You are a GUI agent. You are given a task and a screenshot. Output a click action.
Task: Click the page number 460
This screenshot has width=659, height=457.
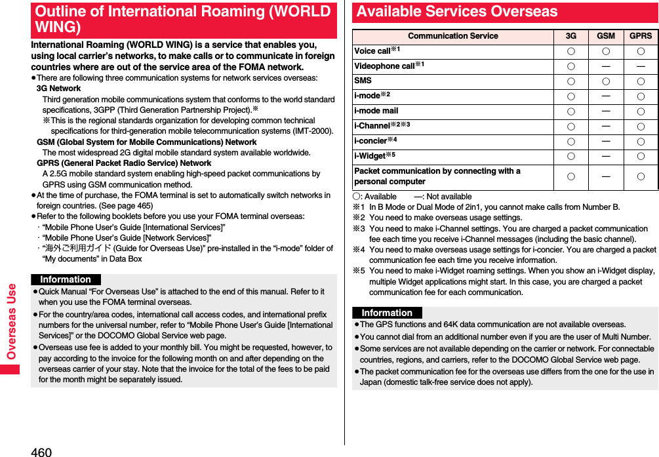coord(41,451)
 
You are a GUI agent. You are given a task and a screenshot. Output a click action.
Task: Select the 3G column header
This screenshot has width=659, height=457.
coord(571,36)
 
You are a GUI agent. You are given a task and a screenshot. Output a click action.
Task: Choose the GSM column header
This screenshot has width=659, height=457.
coord(606,36)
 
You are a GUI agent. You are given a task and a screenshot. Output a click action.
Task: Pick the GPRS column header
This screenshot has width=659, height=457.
coord(641,36)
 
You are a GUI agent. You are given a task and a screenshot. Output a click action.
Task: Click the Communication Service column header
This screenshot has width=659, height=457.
coord(452,36)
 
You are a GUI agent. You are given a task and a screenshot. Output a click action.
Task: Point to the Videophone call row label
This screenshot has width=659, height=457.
coord(384,66)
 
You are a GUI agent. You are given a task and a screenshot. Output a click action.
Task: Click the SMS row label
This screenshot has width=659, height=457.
coord(363,81)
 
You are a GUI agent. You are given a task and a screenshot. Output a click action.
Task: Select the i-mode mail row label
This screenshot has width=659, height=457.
coord(376,111)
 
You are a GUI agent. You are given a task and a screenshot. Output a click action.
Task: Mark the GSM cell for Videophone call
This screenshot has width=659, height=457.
coord(606,66)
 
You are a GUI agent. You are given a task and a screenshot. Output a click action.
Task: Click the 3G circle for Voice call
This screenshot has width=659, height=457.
coord(571,51)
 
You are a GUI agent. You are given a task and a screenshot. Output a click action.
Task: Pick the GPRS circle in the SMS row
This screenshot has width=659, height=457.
coord(641,81)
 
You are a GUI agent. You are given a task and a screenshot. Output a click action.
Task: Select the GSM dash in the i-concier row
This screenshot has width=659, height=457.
coord(606,140)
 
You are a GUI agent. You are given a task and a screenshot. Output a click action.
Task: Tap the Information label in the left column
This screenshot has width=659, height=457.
coord(66,279)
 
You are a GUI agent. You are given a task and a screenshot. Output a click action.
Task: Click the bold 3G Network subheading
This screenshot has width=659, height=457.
coord(59,89)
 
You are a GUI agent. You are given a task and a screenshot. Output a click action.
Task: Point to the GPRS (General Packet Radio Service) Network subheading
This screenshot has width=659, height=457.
coord(124,163)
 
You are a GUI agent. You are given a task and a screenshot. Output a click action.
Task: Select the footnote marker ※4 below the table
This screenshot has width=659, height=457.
coord(358,250)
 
